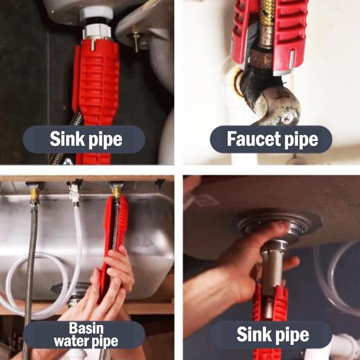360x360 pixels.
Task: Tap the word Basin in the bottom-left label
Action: click(x=86, y=328)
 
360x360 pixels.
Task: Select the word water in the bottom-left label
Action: click(x=71, y=341)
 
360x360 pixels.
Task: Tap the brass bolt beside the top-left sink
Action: click(x=136, y=39)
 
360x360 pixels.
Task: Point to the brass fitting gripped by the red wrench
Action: click(x=117, y=192)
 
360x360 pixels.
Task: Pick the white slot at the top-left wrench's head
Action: click(x=93, y=45)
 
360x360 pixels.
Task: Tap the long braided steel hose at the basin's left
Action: click(x=30, y=276)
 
